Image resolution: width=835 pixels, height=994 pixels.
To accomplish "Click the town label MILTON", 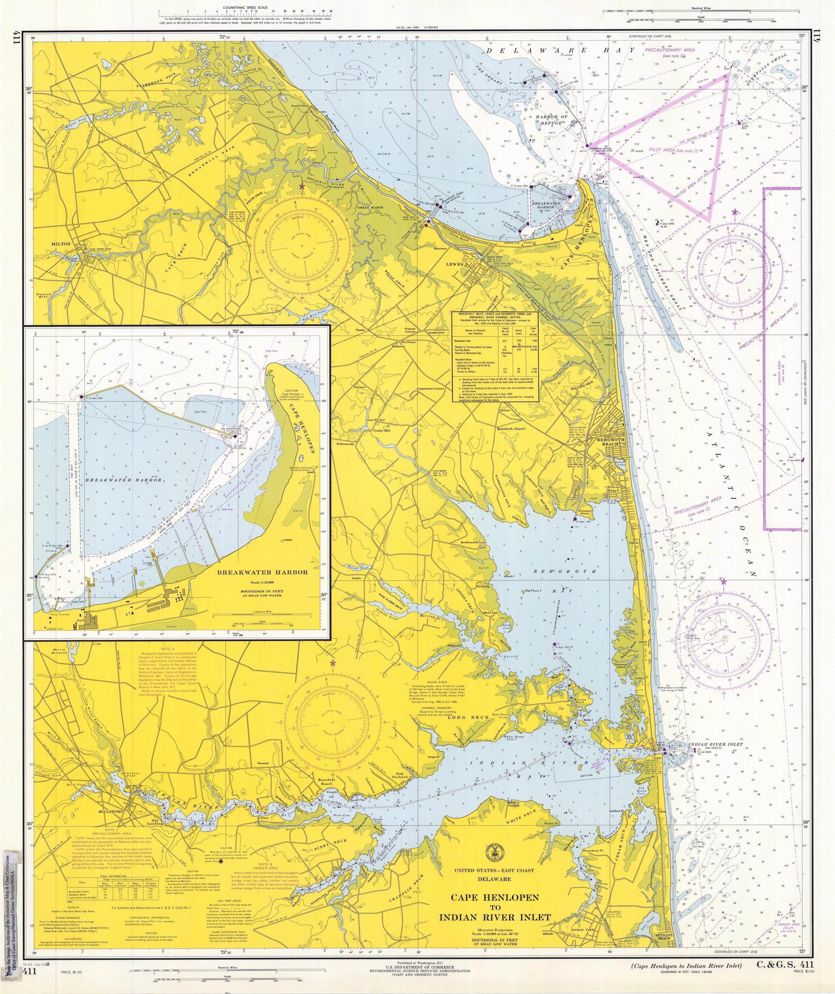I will [62, 244].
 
